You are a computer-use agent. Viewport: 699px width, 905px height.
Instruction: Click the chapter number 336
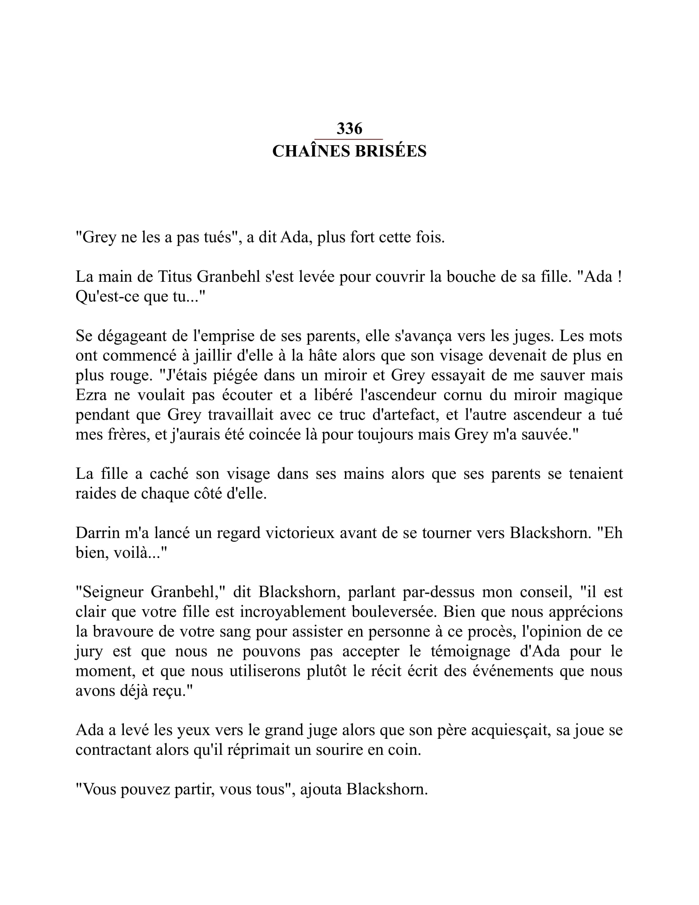(349, 129)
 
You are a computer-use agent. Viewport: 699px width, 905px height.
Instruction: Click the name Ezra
(89, 395)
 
